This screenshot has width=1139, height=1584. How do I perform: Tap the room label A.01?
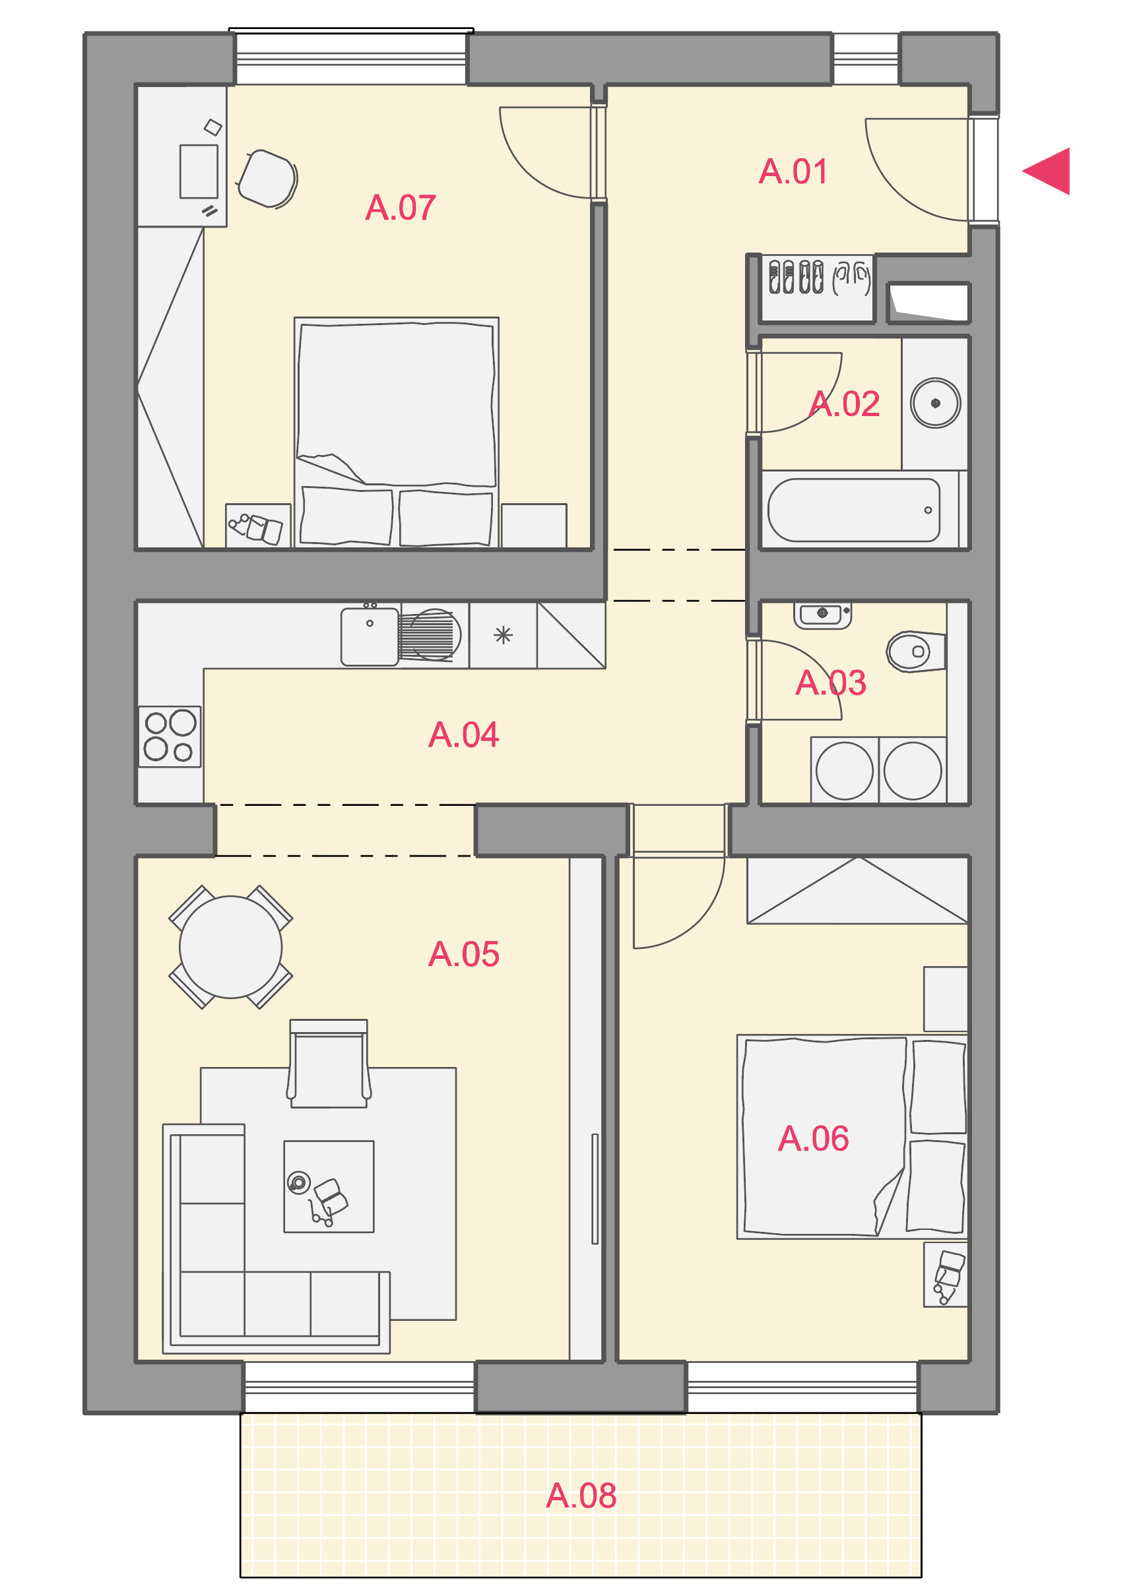coord(793,172)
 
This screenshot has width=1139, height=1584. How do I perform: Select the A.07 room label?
coord(401,208)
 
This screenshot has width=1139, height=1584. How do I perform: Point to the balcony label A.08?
coord(581,1496)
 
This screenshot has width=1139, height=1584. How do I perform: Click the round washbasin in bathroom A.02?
coord(935,403)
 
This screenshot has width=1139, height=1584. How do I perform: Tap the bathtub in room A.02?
coord(854,510)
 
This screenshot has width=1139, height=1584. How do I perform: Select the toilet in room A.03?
coord(916,652)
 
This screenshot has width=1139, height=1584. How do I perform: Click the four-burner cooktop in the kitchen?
coord(170,737)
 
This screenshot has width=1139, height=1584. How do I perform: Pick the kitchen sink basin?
coord(370,637)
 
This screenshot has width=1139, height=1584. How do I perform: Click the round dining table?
coord(230,947)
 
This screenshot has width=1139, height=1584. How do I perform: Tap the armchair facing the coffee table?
coord(329,1063)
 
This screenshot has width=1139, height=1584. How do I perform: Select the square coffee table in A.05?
coord(329,1186)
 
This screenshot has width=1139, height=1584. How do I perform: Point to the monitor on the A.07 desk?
coord(199,172)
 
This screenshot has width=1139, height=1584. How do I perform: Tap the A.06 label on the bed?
coord(814,1138)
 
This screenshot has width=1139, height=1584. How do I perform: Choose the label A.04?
coord(463,735)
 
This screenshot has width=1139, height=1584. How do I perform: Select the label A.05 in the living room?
coord(463,954)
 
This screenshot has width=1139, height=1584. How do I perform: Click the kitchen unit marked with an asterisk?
coord(503,636)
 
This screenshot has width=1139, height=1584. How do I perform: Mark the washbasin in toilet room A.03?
coord(822,615)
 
